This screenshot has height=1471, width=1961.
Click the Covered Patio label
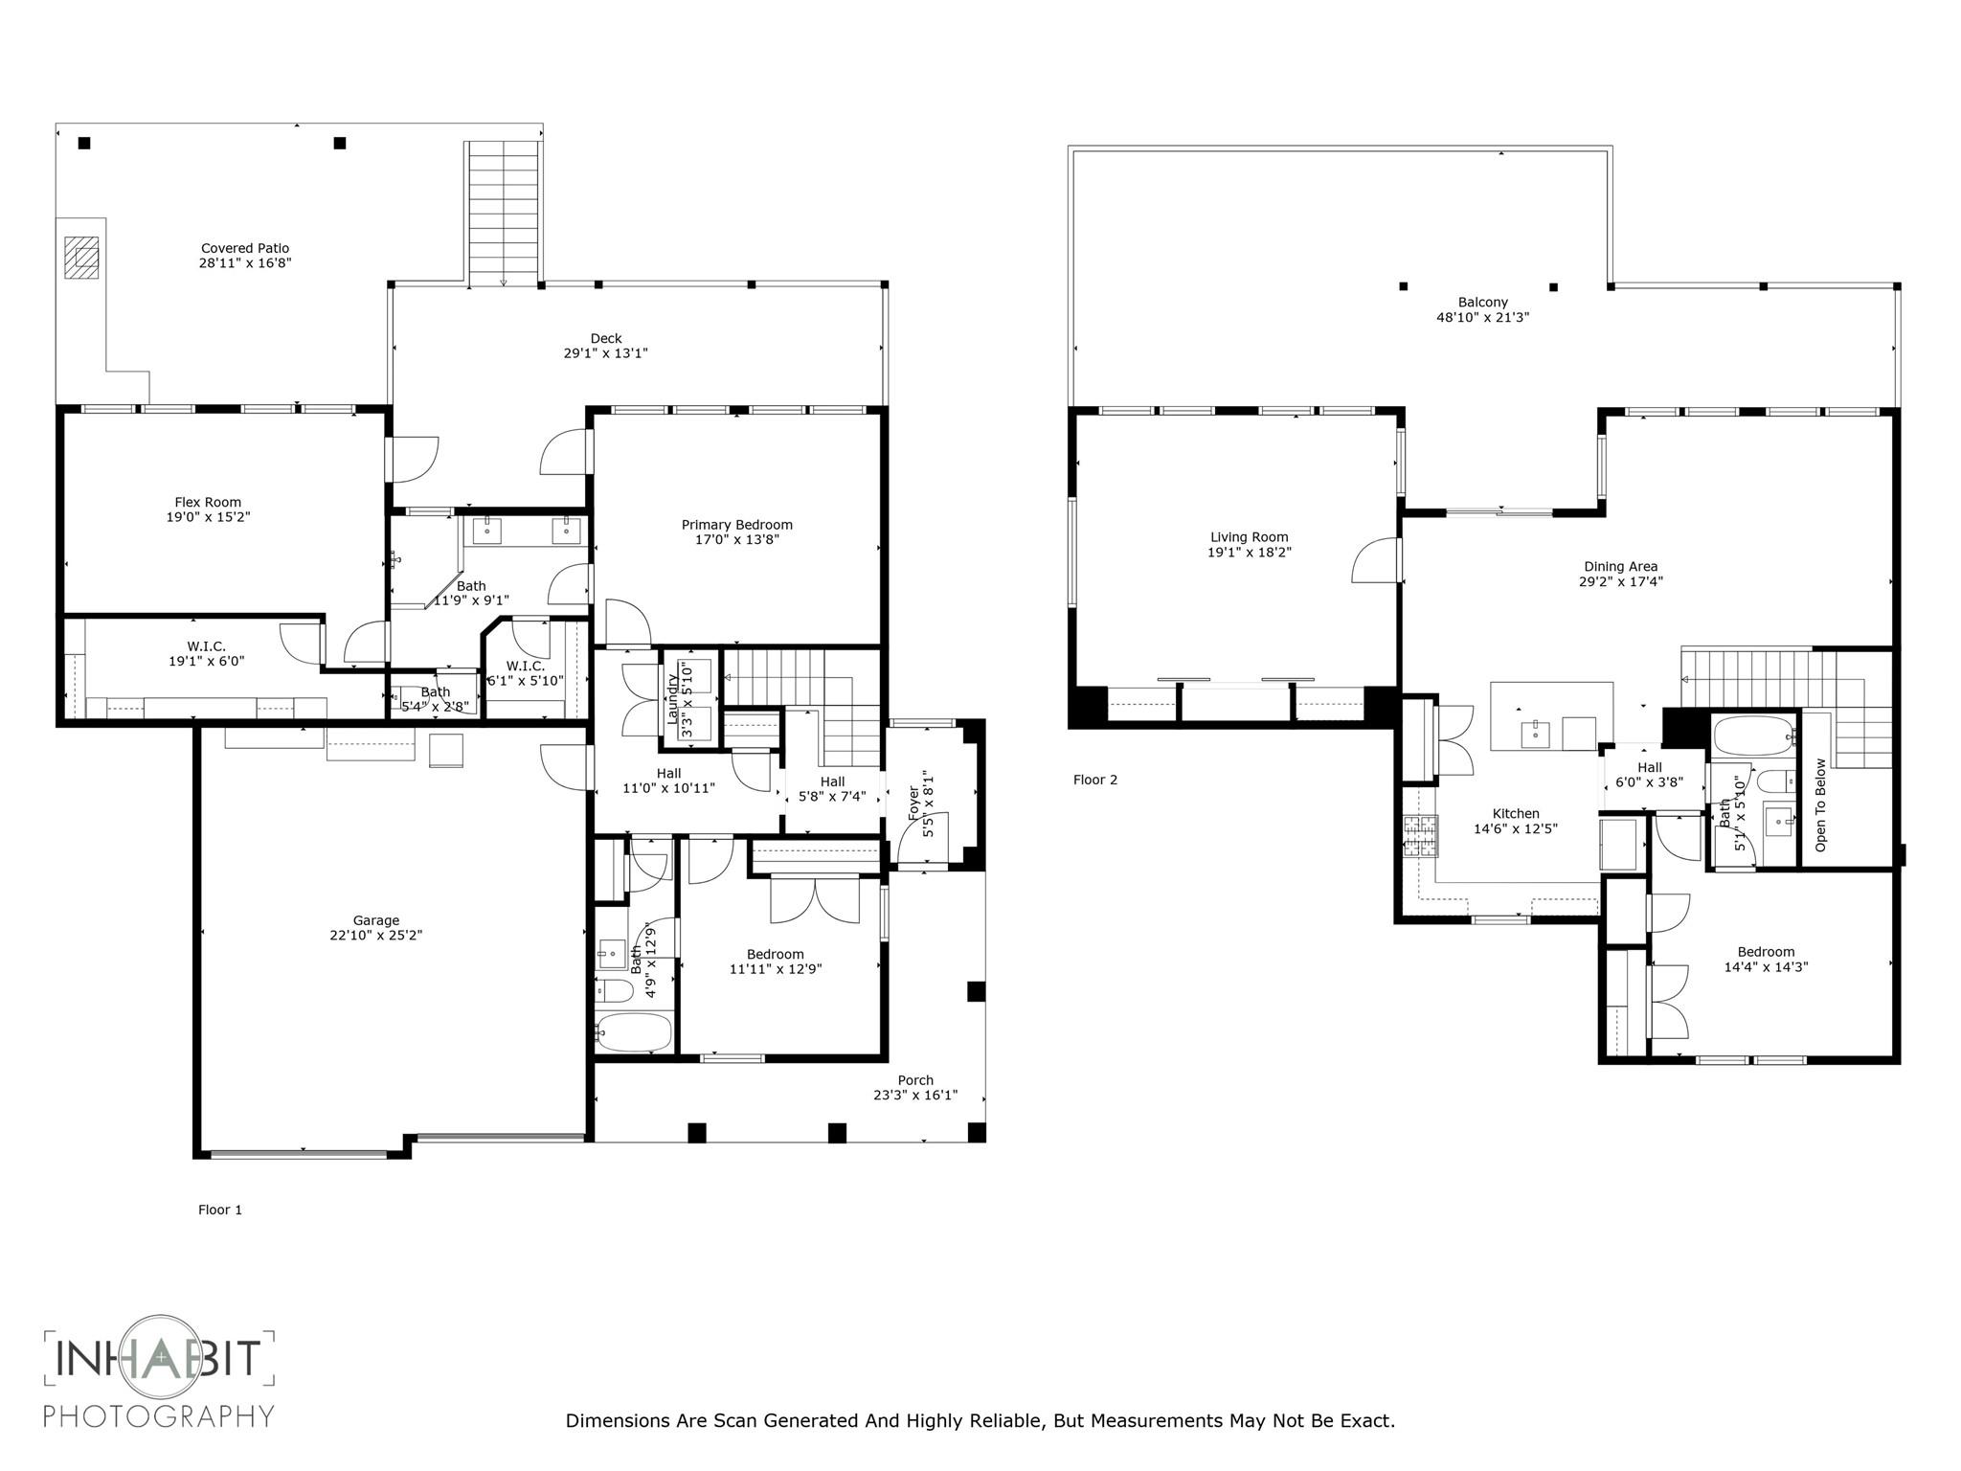244,248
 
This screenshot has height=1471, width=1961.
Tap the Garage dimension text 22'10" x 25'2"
375,936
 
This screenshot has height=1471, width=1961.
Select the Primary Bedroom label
736,525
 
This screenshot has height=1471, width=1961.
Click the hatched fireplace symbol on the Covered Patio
81,257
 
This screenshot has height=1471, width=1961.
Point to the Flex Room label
208,502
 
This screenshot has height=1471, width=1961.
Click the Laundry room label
672,697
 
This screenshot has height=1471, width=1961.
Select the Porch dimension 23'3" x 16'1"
914,1096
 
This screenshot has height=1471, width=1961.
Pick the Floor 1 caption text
220,1210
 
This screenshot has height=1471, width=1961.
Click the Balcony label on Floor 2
1482,303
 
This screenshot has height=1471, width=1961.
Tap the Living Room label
1249,537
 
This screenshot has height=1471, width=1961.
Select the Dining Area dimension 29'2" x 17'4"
1620,581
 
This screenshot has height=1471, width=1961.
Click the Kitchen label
1516,814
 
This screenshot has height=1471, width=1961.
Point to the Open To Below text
1820,804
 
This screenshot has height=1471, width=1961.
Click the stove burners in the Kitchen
1420,835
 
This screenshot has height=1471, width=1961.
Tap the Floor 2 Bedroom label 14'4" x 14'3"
1766,952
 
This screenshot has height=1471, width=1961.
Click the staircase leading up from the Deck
503,211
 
